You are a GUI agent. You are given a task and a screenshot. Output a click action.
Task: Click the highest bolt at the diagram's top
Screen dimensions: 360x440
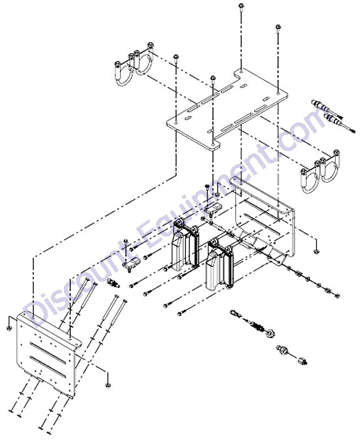[x=241, y=6]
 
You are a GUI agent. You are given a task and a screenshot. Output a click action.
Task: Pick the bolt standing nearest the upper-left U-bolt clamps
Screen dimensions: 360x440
[x=176, y=58]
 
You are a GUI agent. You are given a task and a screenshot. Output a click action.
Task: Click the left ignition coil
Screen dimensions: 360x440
[x=186, y=245]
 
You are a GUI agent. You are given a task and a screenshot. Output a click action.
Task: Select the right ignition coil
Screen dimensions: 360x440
[x=220, y=264]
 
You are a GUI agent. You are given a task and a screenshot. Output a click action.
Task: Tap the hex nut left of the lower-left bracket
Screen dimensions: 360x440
[x=8, y=328]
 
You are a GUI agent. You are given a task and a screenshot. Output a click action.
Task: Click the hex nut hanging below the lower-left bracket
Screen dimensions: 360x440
[x=108, y=385]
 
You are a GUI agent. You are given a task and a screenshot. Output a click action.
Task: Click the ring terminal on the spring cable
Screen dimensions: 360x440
[x=234, y=314]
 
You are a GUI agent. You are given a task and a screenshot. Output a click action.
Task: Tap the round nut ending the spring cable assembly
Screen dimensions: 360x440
[x=270, y=333]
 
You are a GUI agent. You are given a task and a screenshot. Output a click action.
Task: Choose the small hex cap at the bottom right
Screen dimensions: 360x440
[x=303, y=361]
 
